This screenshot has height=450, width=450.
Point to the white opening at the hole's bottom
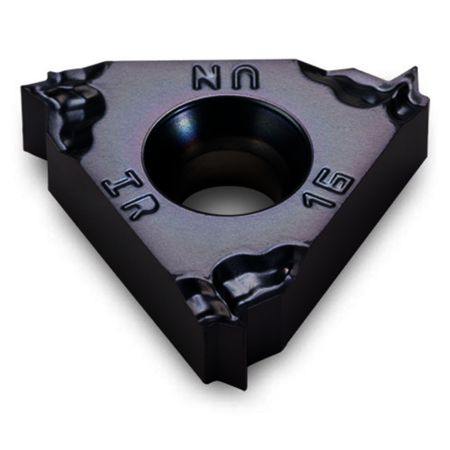230,200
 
